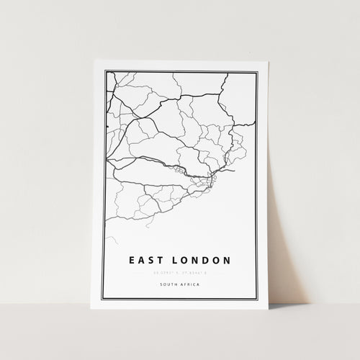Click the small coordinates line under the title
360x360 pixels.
pyautogui.click(x=180, y=272)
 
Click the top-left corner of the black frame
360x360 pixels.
pyautogui.click(x=105, y=71)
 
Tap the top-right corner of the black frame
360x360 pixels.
pyautogui.click(x=257, y=71)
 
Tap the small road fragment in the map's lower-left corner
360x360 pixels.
pyautogui.click(x=111, y=238)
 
